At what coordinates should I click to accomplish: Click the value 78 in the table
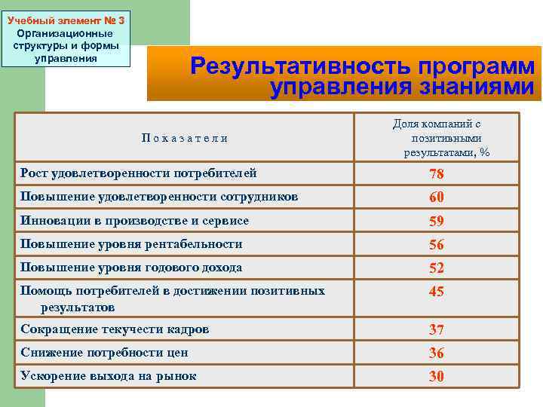[x=436, y=175]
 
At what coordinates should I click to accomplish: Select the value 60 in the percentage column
[x=436, y=197]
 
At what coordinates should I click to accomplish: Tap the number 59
[x=436, y=222]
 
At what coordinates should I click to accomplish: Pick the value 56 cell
[x=436, y=245]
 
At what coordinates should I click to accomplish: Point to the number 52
[x=436, y=268]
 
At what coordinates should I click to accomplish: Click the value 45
[x=436, y=292]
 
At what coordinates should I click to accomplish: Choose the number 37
[x=436, y=330]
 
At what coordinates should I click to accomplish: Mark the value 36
[x=436, y=353]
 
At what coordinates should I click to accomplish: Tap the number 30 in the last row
[x=436, y=377]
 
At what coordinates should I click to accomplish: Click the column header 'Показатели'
[x=184, y=137]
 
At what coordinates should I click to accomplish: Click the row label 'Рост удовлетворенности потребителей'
[x=138, y=173]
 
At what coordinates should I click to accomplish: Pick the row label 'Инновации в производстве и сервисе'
[x=134, y=221]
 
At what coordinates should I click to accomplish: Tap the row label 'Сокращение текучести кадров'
[x=115, y=329]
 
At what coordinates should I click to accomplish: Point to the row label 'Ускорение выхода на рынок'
[x=108, y=376]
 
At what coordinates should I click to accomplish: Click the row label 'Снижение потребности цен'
[x=104, y=353]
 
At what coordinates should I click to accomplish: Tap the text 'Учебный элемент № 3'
[x=66, y=20]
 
